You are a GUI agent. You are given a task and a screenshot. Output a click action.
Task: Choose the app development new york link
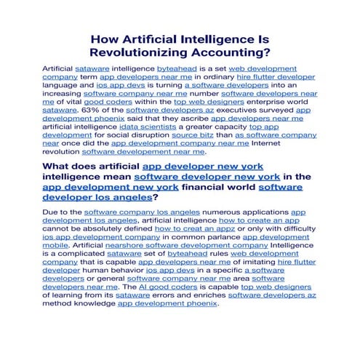pos(110,187)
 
